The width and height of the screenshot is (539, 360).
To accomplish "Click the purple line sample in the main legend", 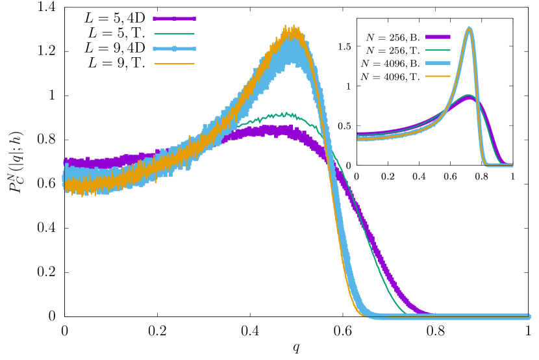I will tap(174, 19).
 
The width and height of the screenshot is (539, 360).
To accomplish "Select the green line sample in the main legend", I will tap(174, 34).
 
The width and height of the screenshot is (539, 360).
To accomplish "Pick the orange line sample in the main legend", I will tap(174, 64).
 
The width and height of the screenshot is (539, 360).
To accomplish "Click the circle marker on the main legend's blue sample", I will tap(174, 49).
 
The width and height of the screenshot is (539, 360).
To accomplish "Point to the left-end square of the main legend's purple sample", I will tap(155, 19).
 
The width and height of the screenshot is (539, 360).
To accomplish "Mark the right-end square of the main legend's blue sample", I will tap(194, 49).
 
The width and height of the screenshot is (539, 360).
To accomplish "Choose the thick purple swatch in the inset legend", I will tap(438, 37).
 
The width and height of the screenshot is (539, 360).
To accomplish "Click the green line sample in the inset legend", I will tap(438, 50).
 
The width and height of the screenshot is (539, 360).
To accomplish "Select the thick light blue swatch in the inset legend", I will tap(438, 63).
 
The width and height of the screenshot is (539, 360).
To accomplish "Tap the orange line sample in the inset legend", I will tap(438, 76).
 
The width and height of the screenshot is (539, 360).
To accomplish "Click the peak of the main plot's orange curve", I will tap(292, 28).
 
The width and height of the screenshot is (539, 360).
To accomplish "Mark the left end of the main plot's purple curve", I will tap(66, 161).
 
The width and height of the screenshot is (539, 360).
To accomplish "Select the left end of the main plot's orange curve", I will tap(66, 186).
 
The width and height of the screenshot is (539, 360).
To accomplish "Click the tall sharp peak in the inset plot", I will tap(469, 28).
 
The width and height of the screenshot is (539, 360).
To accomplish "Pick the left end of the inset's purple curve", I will tap(358, 135).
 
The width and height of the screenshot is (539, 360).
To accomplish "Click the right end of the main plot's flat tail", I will tap(529, 316).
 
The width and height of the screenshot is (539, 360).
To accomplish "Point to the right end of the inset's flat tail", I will tap(512, 165).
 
